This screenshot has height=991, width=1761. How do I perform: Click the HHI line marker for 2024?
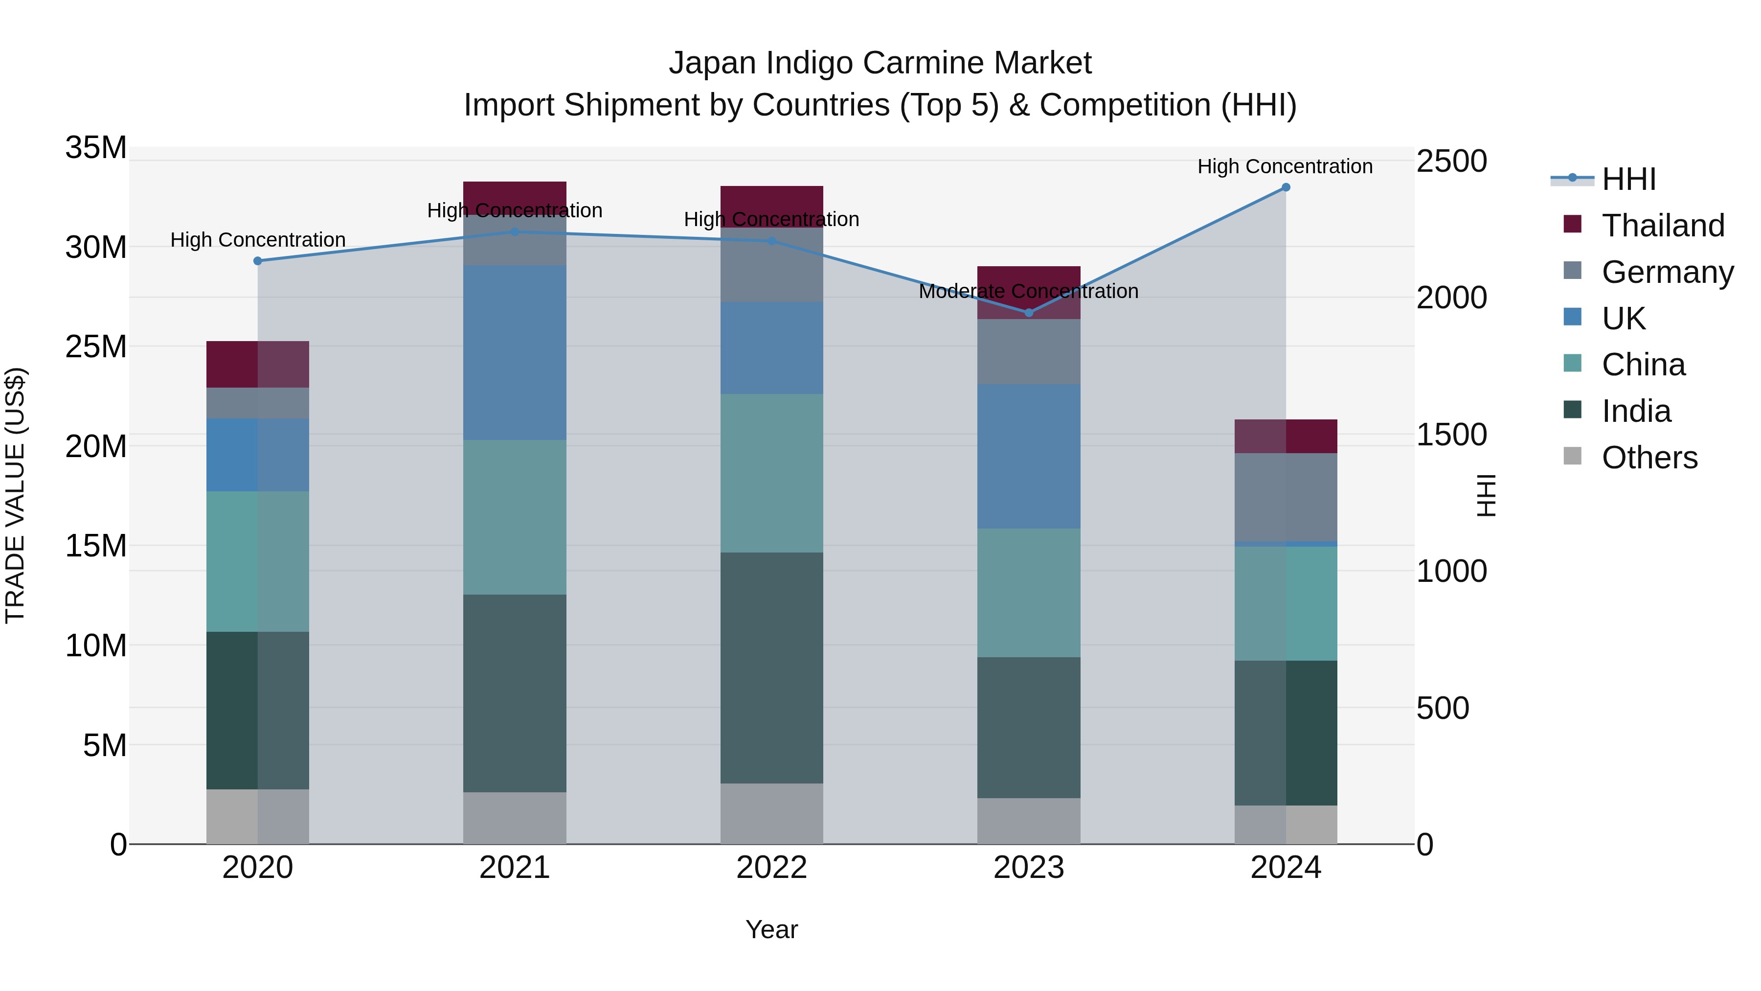(1285, 187)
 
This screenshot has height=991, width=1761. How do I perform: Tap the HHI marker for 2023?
(1028, 313)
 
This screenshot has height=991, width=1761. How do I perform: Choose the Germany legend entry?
(1667, 272)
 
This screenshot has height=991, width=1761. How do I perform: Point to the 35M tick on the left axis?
(96, 148)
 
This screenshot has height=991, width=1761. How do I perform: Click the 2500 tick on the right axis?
(1451, 161)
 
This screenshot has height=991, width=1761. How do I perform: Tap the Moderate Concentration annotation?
(1028, 291)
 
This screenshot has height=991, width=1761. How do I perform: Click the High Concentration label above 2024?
(1285, 166)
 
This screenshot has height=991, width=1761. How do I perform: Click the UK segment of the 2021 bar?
(515, 352)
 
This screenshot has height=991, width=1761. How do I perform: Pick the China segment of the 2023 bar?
(1028, 592)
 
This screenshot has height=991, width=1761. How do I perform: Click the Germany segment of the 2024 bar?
(1285, 497)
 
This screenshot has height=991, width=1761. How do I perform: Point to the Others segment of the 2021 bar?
(515, 818)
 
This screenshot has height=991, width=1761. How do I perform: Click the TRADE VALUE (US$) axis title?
(15, 495)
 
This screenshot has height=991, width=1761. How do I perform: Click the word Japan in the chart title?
(713, 63)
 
